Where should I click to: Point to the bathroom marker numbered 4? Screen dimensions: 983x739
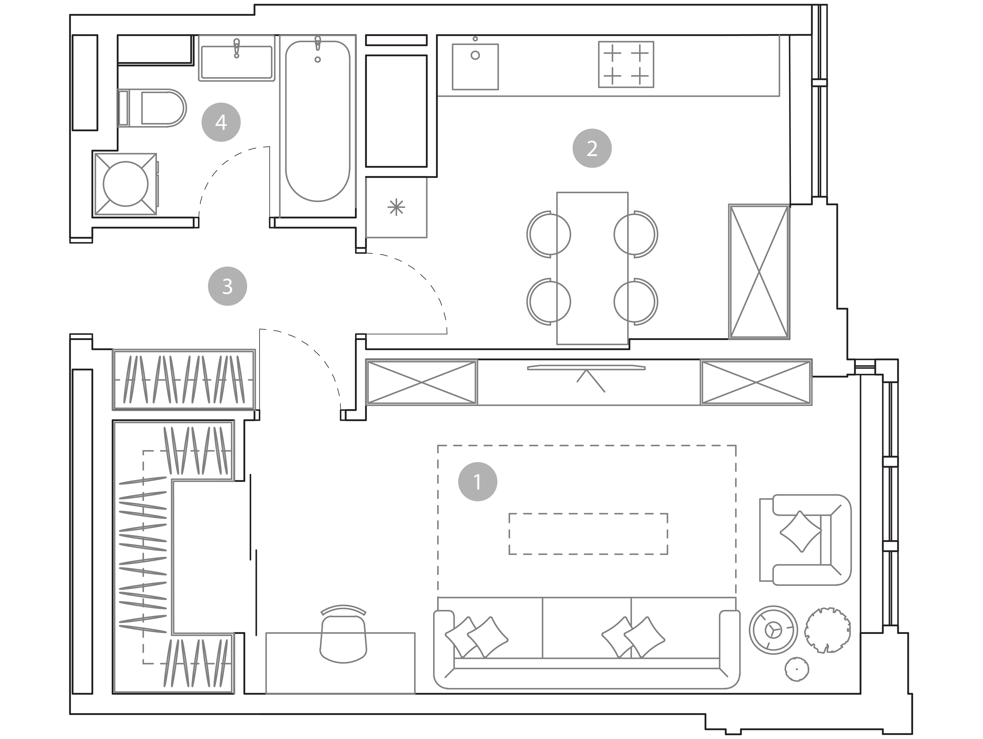(x=221, y=122)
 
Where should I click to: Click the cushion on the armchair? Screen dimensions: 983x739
(x=801, y=531)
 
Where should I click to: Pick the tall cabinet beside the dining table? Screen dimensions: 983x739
(x=759, y=272)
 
